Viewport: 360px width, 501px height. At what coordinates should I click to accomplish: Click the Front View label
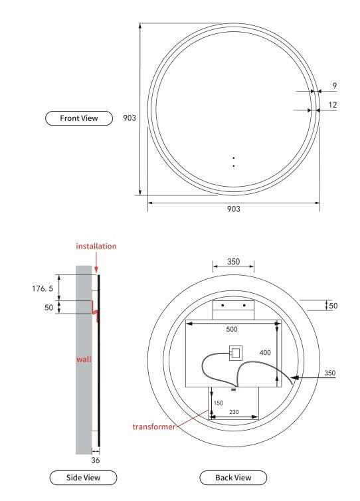(71, 118)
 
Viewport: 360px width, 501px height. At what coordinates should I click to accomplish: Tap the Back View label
(233, 477)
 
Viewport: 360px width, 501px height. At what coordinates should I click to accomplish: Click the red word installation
(96, 246)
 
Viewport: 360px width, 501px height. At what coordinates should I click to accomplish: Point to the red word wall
(83, 359)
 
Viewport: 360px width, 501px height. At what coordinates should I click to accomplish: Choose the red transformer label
(153, 427)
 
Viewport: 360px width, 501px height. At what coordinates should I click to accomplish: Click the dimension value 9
(334, 85)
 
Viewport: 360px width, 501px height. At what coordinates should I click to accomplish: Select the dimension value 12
(333, 105)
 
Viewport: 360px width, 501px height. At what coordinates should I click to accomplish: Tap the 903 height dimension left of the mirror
(130, 118)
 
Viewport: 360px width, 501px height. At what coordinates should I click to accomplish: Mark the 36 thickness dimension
(95, 459)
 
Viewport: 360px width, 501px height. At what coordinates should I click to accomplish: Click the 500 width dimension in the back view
(230, 329)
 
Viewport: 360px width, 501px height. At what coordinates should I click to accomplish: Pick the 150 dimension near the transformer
(218, 403)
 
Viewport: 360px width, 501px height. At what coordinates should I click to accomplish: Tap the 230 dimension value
(234, 412)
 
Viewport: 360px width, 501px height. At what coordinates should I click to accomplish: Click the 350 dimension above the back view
(233, 262)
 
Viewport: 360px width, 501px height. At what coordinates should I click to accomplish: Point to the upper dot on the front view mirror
(234, 158)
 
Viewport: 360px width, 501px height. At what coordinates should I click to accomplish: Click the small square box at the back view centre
(234, 352)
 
